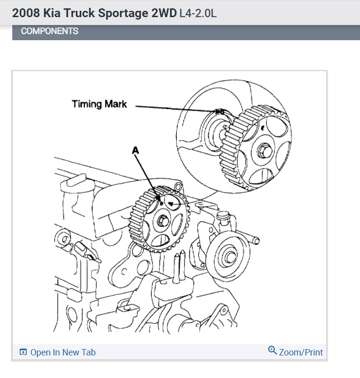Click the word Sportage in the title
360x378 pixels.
tap(120, 13)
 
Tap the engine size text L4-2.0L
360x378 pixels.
tap(197, 13)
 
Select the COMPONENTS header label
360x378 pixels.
tap(49, 31)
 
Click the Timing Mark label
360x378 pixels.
tap(99, 104)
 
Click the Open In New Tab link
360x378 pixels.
tap(63, 352)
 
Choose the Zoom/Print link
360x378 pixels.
tap(301, 352)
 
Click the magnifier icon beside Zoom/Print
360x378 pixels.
tap(273, 351)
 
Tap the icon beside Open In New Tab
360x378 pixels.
tap(23, 352)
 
